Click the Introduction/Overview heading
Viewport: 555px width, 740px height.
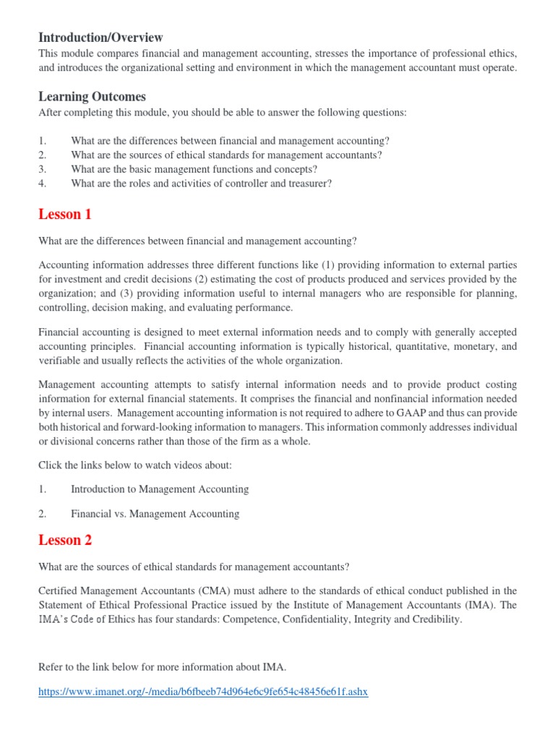100,37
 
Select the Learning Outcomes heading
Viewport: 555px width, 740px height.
92,96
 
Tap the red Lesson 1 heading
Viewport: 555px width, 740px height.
65,214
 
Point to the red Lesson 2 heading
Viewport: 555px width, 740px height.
65,540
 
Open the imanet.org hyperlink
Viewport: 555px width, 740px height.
203,692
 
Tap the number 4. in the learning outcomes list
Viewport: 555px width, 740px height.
43,184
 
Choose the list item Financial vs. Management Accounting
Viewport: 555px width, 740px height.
155,514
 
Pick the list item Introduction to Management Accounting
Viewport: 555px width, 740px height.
160,489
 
